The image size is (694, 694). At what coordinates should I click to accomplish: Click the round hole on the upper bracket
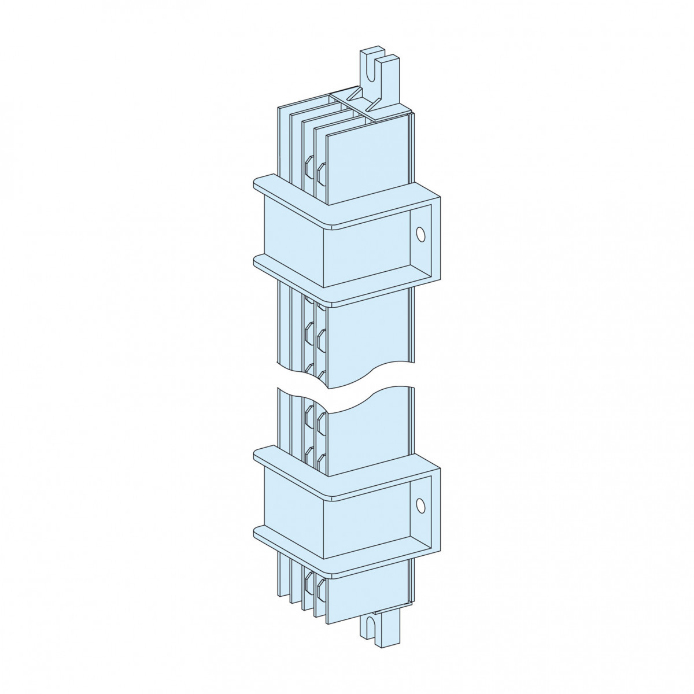click(420, 234)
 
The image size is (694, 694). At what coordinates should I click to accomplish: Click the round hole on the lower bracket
click(420, 505)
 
